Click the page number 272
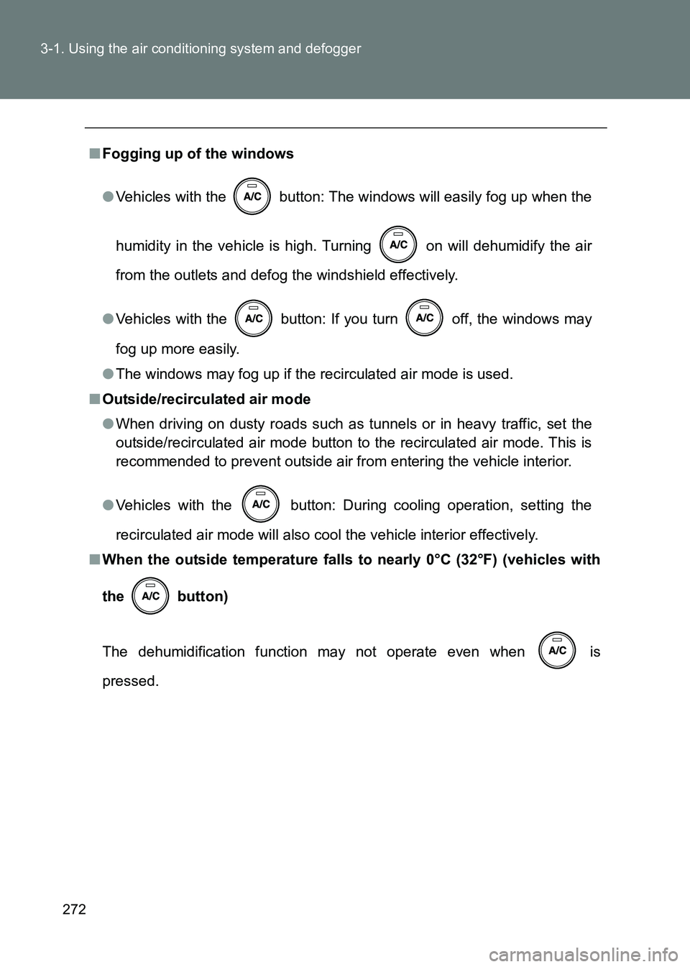(x=74, y=909)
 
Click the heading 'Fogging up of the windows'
(x=198, y=154)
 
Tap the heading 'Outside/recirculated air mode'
(x=206, y=399)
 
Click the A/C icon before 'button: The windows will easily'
(x=252, y=196)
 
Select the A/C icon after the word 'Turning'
(x=398, y=244)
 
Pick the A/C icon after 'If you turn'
(x=424, y=318)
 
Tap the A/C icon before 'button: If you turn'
(x=254, y=318)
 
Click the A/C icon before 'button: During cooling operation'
(x=261, y=504)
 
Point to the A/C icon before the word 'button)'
(x=150, y=595)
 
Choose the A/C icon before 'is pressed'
(x=557, y=651)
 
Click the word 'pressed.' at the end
(x=130, y=681)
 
